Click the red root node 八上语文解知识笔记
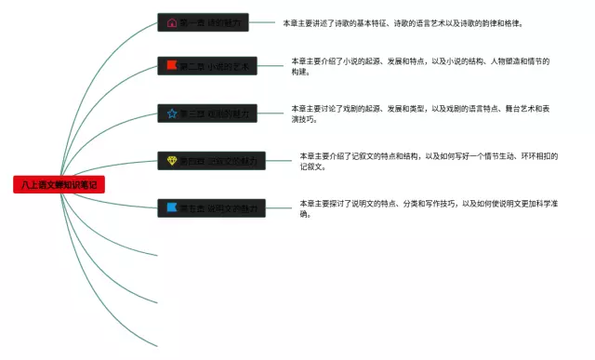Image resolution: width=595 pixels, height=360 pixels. click(x=59, y=185)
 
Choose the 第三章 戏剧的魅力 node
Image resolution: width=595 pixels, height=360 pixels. click(x=207, y=113)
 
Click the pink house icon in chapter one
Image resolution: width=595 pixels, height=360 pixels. click(x=171, y=22)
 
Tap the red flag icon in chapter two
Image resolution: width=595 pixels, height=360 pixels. click(x=171, y=66)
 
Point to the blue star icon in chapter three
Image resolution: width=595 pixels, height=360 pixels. click(x=171, y=113)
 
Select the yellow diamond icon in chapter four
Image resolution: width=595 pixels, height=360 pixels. click(x=171, y=161)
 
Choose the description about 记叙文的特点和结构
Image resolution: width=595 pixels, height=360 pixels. click(x=428, y=156)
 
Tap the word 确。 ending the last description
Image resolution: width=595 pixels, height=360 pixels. click(x=304, y=214)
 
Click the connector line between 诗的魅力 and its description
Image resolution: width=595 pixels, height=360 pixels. click(x=266, y=22)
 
